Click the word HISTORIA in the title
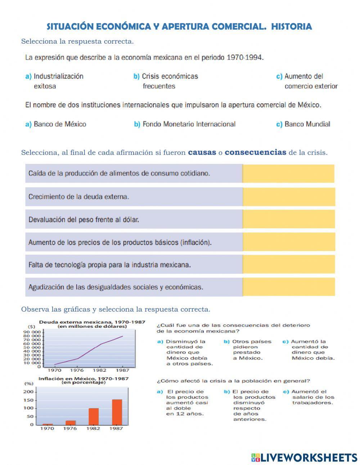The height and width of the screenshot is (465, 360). [x=291, y=27]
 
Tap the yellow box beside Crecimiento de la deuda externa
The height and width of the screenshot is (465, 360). [x=289, y=197]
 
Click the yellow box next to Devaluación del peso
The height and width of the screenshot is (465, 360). [x=289, y=219]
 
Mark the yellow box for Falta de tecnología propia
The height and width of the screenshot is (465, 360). [x=289, y=264]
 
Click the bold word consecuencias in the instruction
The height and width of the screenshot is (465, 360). [x=255, y=152]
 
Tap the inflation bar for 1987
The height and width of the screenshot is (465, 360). [x=117, y=412]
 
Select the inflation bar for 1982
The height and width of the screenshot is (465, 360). [x=94, y=416]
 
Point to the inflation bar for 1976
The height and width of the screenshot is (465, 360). [x=71, y=422]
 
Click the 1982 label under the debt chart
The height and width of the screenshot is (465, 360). [x=99, y=370]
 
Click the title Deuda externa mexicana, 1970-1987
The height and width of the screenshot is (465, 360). [x=92, y=322]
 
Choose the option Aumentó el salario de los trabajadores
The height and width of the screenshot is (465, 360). [x=312, y=397]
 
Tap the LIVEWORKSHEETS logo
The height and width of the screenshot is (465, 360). [x=304, y=457]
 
